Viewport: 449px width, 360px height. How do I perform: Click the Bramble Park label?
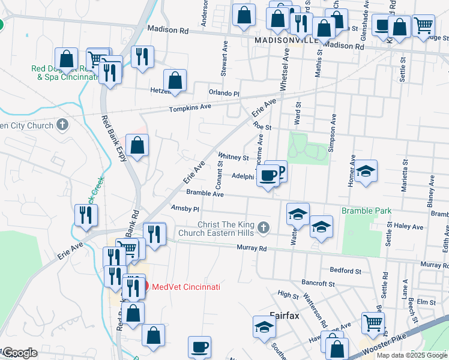(x=366, y=211)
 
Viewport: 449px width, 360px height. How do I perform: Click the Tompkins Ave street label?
(x=190, y=107)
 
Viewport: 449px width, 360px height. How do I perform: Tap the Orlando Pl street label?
(x=224, y=94)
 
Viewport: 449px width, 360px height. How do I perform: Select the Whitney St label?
(x=234, y=158)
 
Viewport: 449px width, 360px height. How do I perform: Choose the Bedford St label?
(x=346, y=271)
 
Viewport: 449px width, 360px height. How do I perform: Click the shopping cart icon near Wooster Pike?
(x=373, y=323)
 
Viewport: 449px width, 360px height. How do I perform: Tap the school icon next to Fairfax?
(x=264, y=327)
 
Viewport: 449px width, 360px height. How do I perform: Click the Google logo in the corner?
(x=19, y=353)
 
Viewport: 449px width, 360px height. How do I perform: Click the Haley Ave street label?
(x=411, y=227)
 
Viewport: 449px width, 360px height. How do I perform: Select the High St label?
(x=288, y=295)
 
